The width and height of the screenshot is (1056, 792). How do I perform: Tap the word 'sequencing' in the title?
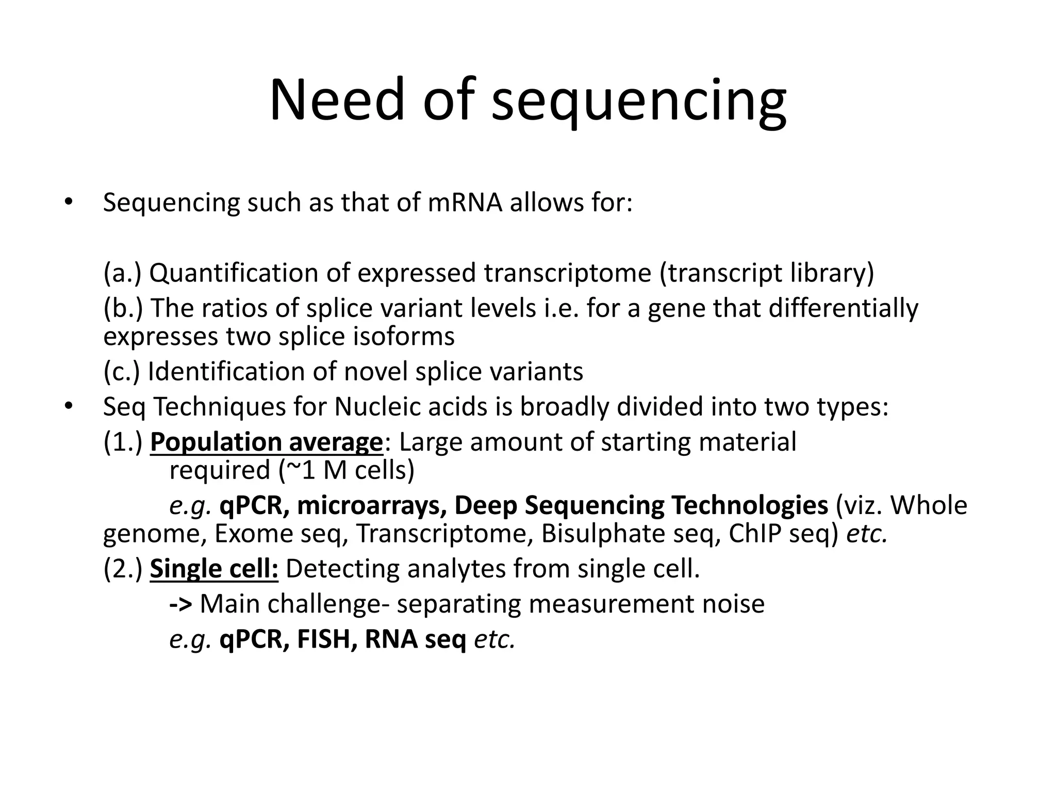pos(638,102)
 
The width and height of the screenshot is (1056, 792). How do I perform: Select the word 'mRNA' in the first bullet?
pos(465,202)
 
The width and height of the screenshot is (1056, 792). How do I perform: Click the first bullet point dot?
pos(68,202)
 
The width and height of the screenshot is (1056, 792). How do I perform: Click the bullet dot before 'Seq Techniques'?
pos(68,406)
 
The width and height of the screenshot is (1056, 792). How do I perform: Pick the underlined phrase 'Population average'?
pos(266,442)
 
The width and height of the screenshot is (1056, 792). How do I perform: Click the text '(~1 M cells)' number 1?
pos(346,470)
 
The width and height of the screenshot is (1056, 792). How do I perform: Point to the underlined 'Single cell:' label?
pos(214,569)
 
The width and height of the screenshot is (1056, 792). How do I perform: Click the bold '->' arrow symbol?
pos(180,604)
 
